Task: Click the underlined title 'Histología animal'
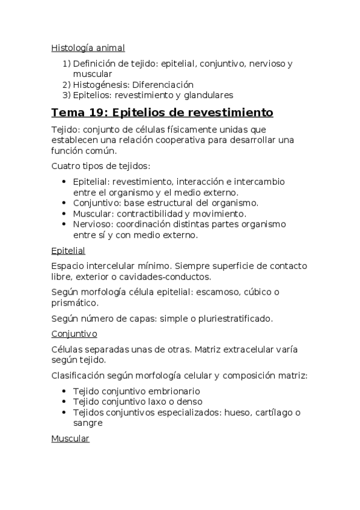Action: (x=88, y=48)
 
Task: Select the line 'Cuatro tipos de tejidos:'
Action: (x=100, y=166)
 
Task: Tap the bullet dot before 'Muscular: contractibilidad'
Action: (x=64, y=214)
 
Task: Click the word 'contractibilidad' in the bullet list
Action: (x=150, y=214)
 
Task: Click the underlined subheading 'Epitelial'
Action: (x=69, y=250)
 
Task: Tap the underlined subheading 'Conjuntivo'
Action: (x=75, y=333)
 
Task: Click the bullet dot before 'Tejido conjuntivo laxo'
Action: (x=64, y=402)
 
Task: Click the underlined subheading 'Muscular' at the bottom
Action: (x=70, y=438)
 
